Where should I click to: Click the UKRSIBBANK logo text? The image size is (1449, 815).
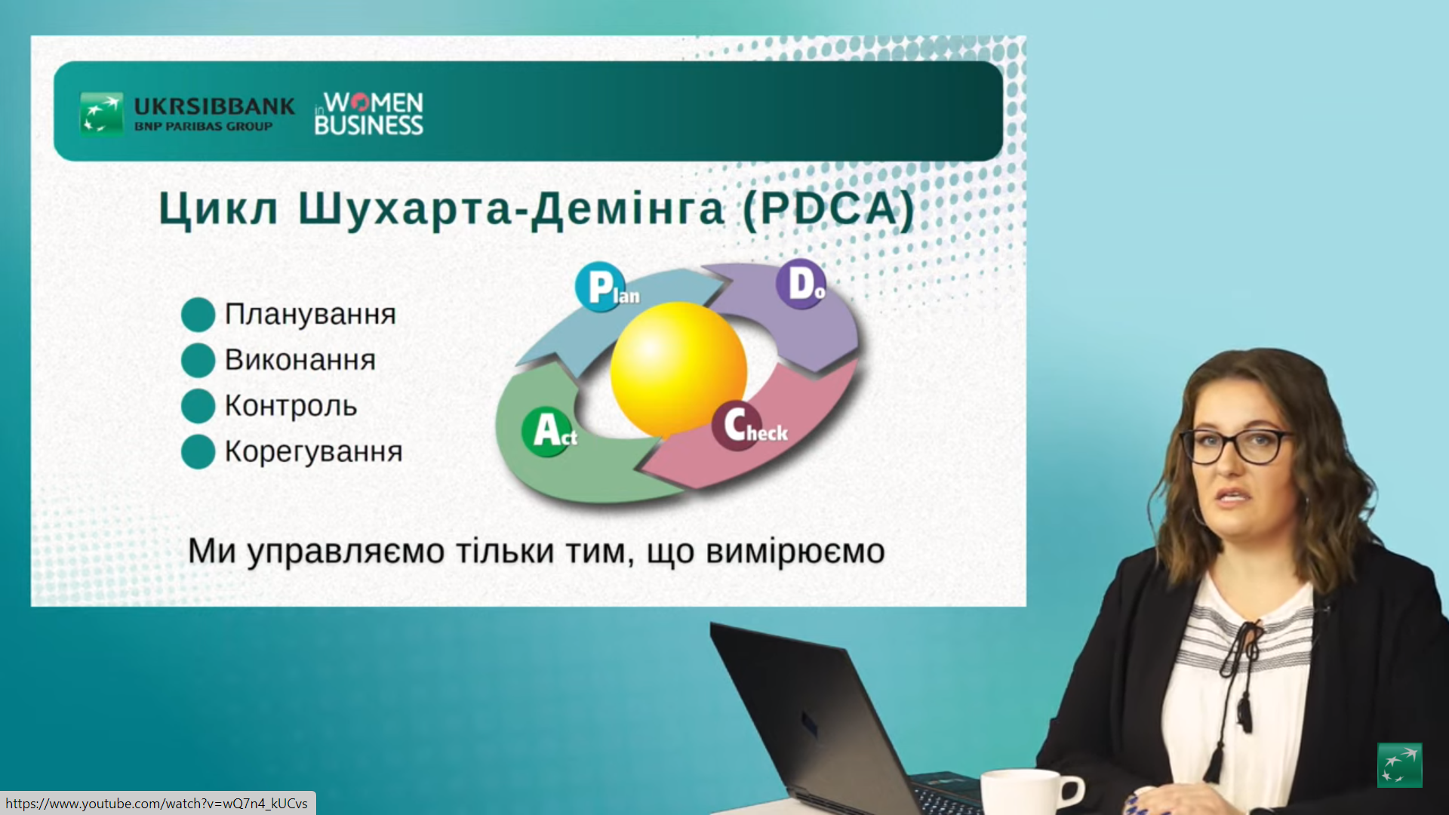(x=214, y=106)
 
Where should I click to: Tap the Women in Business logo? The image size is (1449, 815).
(x=369, y=114)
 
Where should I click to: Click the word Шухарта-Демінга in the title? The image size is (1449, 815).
(x=511, y=209)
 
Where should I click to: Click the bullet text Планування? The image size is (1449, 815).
(x=310, y=314)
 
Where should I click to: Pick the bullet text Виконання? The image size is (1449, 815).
(x=300, y=360)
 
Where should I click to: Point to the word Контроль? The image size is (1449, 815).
(x=291, y=406)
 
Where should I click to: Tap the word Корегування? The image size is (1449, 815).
(x=313, y=452)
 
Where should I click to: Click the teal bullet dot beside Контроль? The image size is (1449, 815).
(x=198, y=406)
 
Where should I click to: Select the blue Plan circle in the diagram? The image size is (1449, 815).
(x=601, y=287)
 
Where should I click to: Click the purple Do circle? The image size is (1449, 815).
(x=801, y=284)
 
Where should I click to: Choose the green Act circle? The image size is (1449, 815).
(x=547, y=432)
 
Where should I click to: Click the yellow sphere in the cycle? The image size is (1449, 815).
(x=678, y=370)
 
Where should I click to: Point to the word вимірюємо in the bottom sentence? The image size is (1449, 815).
(x=795, y=552)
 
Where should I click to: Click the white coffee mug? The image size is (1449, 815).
(x=1031, y=792)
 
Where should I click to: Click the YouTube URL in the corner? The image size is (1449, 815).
(x=157, y=804)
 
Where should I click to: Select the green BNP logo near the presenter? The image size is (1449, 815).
(x=1400, y=765)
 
